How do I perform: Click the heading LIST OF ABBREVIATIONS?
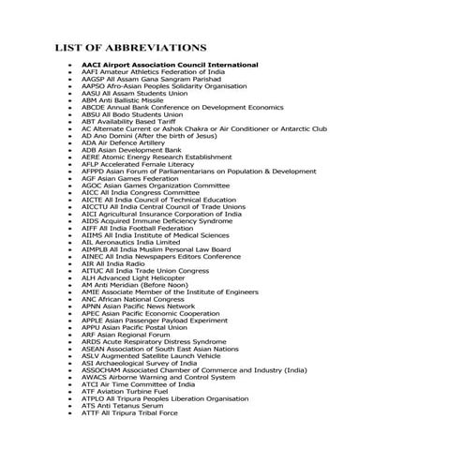pyautogui.click(x=130, y=47)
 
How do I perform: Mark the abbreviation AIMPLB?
pyautogui.click(x=97, y=250)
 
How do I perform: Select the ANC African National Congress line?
pyautogui.click(x=136, y=300)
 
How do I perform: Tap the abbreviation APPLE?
pyautogui.click(x=93, y=321)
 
